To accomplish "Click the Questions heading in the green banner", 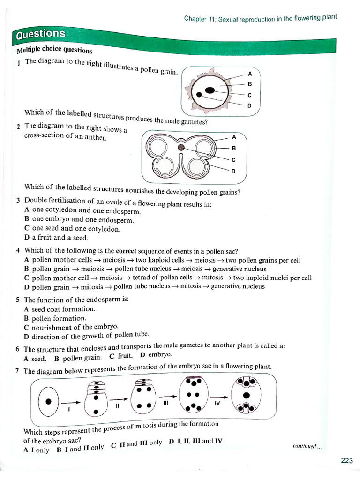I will tap(41, 34).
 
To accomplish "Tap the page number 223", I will tap(346, 461).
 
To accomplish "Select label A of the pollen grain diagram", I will tap(250, 74).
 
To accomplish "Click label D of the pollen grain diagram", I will tap(249, 105).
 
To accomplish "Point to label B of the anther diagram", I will tap(233, 148).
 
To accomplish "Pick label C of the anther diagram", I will tap(233, 160).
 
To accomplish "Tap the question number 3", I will tap(18, 200).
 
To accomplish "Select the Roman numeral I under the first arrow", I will tap(68, 409).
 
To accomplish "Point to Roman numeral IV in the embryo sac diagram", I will tap(217, 403).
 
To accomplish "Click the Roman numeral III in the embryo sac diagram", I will tap(165, 403).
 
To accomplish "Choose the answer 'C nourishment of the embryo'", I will tap(71, 327).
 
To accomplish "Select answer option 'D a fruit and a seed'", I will tap(56, 238).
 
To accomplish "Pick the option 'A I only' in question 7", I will tap(36, 450).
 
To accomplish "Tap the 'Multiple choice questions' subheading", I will tap(54, 50).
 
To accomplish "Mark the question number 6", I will tap(17, 349).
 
